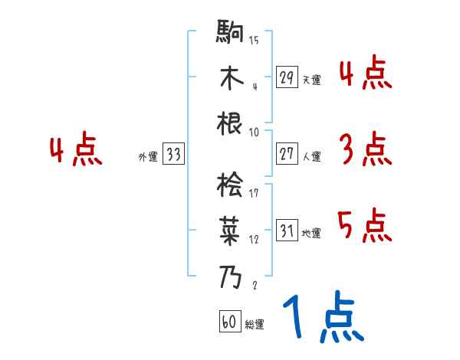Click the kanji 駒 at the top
(x=230, y=34)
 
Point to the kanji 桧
(x=230, y=185)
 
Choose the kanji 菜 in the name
(x=230, y=229)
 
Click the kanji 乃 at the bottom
(x=230, y=275)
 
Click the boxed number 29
(x=287, y=77)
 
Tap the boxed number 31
(x=287, y=231)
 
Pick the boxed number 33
(x=173, y=155)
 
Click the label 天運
(x=311, y=80)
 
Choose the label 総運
(x=255, y=325)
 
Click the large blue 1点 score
(x=322, y=318)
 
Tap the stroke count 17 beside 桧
(x=254, y=193)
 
